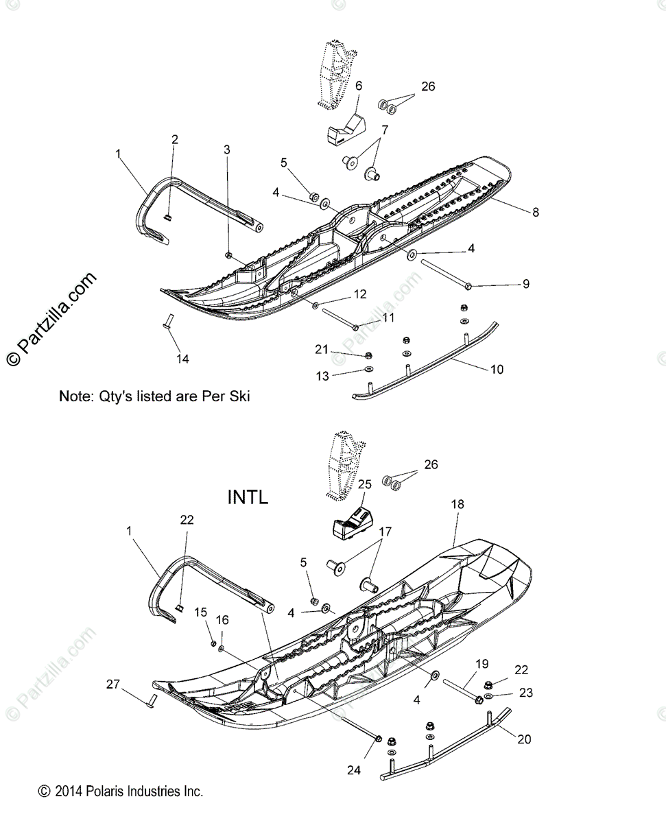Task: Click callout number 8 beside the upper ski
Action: [535, 213]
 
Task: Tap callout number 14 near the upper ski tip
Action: [183, 358]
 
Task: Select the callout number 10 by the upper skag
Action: [497, 370]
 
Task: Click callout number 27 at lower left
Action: [113, 683]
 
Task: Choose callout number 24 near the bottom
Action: [353, 770]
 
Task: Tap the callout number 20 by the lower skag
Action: [525, 739]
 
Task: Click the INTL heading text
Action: [248, 497]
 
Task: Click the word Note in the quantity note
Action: [74, 396]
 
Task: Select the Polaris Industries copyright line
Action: [121, 791]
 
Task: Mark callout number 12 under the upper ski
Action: [359, 294]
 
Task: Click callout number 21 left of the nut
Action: [322, 350]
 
